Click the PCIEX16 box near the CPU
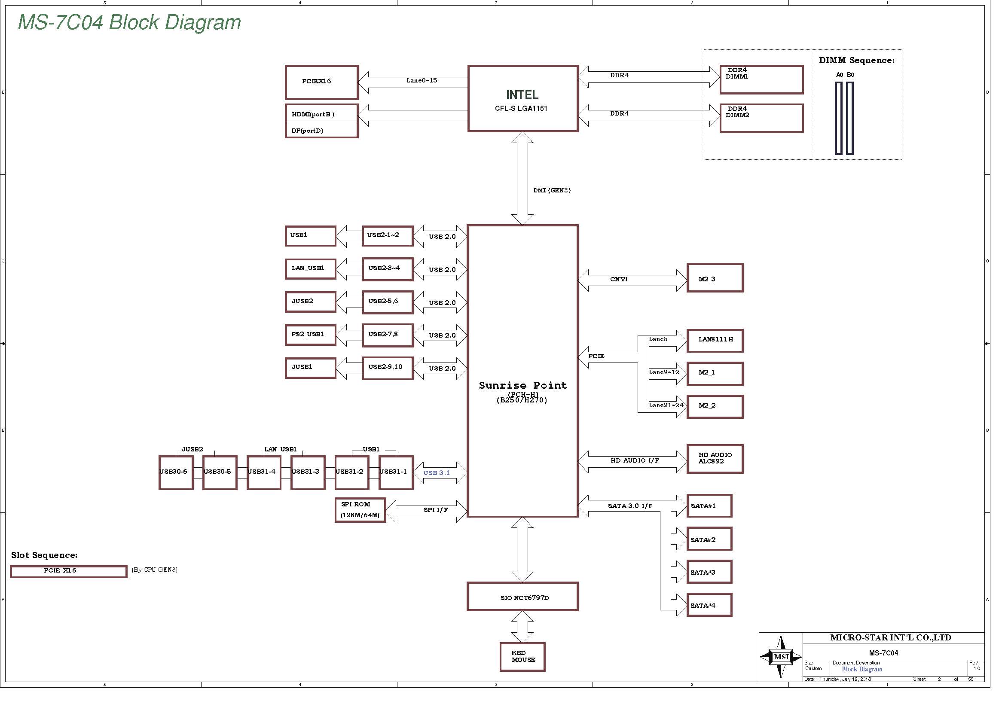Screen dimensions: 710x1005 tap(321, 82)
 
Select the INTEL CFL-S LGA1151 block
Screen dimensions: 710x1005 tap(522, 98)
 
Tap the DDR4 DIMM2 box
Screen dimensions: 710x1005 tap(761, 118)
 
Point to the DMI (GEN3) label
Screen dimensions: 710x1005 tap(552, 190)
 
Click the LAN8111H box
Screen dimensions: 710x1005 tap(715, 340)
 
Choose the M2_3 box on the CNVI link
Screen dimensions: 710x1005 tap(715, 278)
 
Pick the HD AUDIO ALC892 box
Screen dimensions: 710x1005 tap(715, 459)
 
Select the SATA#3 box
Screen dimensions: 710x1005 tap(709, 572)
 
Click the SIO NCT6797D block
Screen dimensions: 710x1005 tap(522, 597)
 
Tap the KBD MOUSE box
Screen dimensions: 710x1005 tap(522, 657)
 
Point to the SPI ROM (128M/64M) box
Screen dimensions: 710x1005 tap(360, 510)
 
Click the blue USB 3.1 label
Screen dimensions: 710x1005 tap(437, 473)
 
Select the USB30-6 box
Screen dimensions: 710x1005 tap(176, 472)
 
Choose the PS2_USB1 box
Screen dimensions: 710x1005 tap(310, 335)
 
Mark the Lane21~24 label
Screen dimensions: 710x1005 tap(665, 405)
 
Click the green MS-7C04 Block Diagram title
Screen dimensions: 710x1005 tap(130, 23)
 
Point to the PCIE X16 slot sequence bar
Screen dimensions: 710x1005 tap(69, 571)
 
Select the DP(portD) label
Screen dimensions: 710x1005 tap(307, 131)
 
